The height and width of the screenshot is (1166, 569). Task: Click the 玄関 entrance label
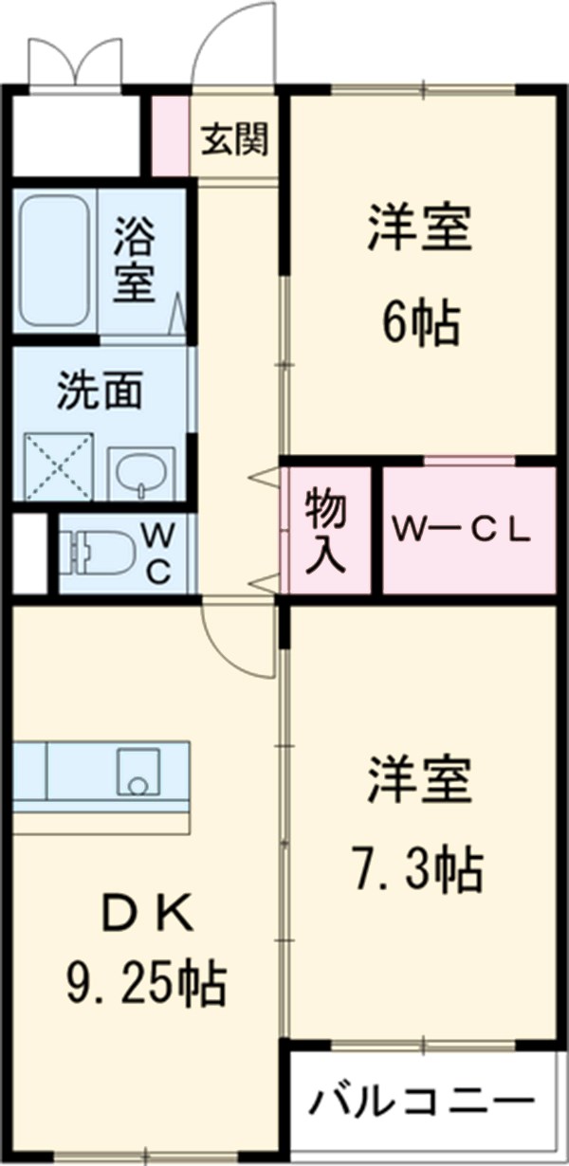[234, 140]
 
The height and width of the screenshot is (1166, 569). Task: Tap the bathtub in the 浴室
[55, 260]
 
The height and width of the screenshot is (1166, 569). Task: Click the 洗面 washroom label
[100, 391]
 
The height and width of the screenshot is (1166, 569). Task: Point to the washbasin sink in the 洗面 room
[141, 472]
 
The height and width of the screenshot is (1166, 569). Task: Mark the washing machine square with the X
[59, 465]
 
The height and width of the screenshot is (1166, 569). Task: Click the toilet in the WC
[95, 553]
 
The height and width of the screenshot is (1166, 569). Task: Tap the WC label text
[158, 554]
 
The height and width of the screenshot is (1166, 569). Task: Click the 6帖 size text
[420, 324]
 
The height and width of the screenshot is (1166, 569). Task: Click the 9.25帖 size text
[146, 984]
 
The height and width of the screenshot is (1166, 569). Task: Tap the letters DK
[147, 915]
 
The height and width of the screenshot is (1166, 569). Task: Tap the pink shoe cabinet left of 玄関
[171, 137]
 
